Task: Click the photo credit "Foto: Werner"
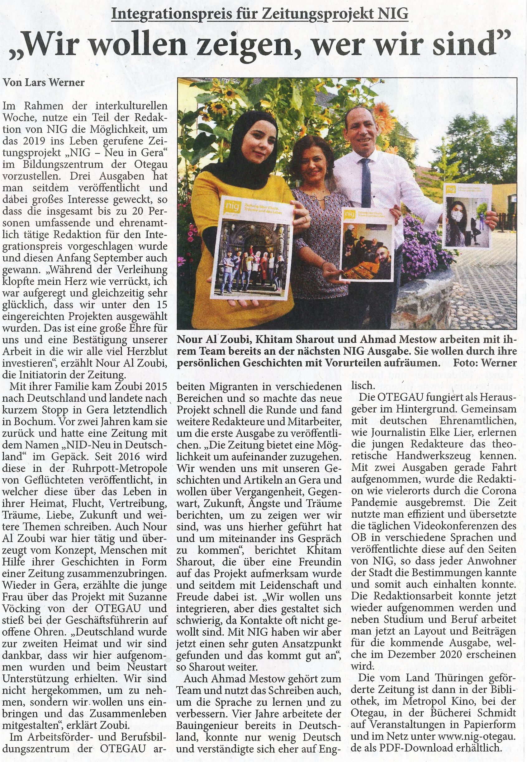click(485, 363)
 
